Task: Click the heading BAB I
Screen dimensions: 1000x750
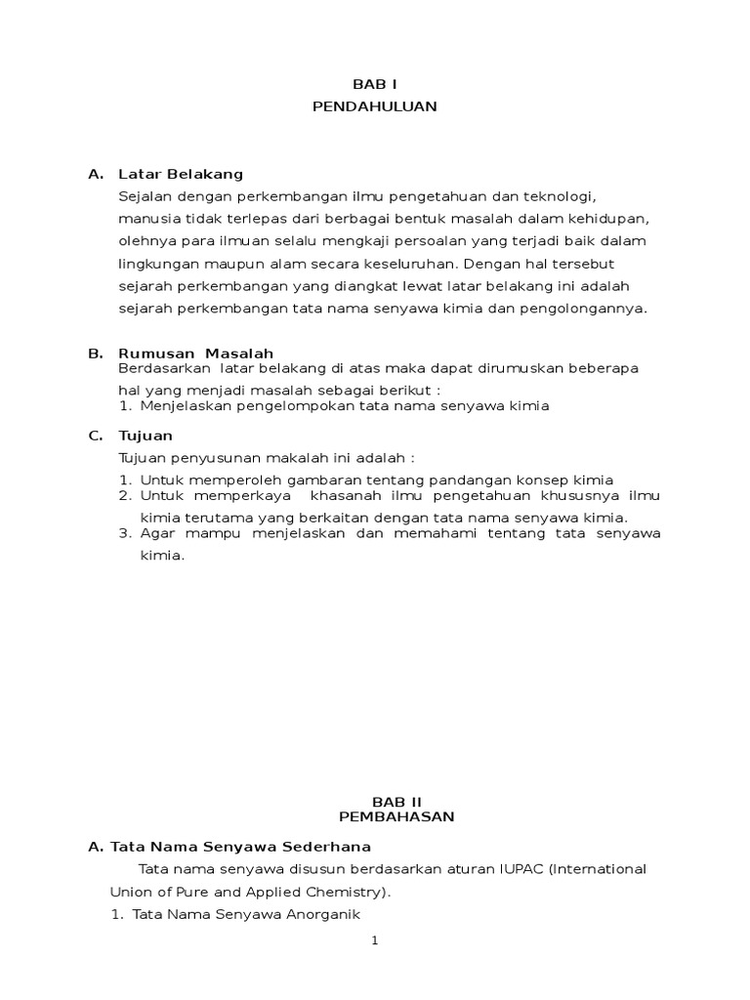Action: coord(374,86)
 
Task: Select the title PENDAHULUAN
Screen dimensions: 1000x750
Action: coord(374,106)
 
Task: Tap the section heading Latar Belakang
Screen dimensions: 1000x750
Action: coord(180,174)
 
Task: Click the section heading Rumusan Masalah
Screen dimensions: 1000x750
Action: coord(195,353)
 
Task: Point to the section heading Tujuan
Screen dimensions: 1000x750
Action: coord(146,436)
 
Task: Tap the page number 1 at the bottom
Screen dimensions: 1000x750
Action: coord(373,940)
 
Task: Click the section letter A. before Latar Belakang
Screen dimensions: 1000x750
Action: coord(95,174)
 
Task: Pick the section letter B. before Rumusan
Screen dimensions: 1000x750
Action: coord(95,353)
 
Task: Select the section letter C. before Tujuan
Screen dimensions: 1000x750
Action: coord(95,436)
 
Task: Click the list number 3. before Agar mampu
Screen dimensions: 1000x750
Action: coord(126,533)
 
